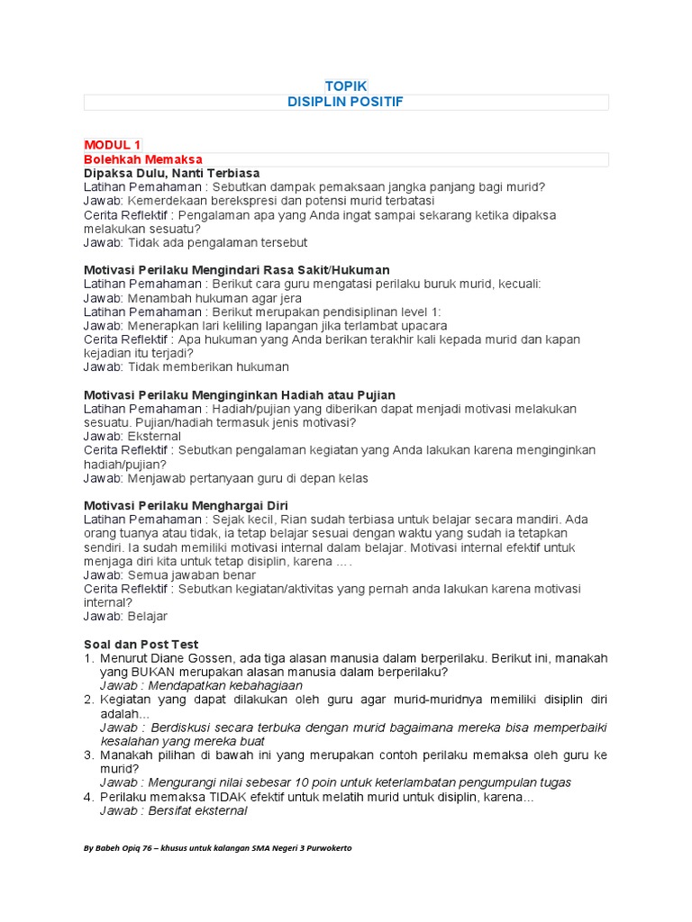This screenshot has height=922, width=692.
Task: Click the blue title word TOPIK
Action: point(346,85)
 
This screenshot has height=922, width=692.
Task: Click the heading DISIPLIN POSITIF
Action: point(345,102)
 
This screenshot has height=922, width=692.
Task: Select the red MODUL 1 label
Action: point(113,145)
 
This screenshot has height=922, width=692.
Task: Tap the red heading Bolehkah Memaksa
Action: point(143,159)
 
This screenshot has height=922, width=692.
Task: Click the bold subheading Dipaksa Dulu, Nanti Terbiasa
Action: point(171,173)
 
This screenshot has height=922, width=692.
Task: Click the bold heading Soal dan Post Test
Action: point(141,644)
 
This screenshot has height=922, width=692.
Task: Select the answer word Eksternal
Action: point(154,436)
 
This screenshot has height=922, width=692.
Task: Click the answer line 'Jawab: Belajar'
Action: point(125,616)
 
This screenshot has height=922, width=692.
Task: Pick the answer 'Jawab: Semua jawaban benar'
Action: point(169,574)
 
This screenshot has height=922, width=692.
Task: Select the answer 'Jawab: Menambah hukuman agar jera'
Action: point(192,297)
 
